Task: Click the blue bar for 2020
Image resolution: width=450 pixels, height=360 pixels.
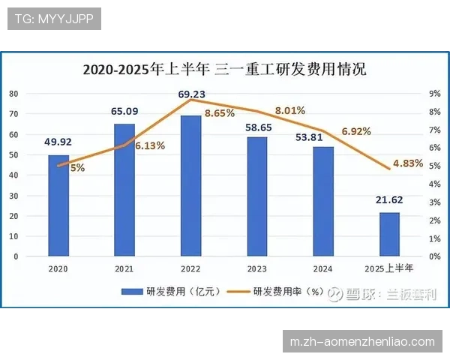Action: pyautogui.click(x=58, y=205)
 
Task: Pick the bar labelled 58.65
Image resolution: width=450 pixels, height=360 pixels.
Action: pyautogui.click(x=256, y=196)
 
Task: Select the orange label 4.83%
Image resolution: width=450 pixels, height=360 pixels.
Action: pyautogui.click(x=409, y=163)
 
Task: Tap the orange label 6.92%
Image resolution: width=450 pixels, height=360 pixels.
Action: pyautogui.click(x=356, y=131)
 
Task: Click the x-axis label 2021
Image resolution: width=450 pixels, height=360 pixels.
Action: pyautogui.click(x=124, y=268)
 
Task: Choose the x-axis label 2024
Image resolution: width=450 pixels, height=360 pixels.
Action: pyautogui.click(x=323, y=268)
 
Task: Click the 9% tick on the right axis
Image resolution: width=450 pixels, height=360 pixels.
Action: pyautogui.click(x=433, y=94)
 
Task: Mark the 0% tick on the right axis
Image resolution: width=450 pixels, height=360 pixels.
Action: pyautogui.click(x=433, y=256)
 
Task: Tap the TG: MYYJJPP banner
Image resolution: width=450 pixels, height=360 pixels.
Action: pyautogui.click(x=54, y=19)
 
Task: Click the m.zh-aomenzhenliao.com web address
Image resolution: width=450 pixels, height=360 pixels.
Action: pyautogui.click(x=362, y=342)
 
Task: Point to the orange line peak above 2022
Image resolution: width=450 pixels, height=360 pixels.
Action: pyautogui.click(x=190, y=99)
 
